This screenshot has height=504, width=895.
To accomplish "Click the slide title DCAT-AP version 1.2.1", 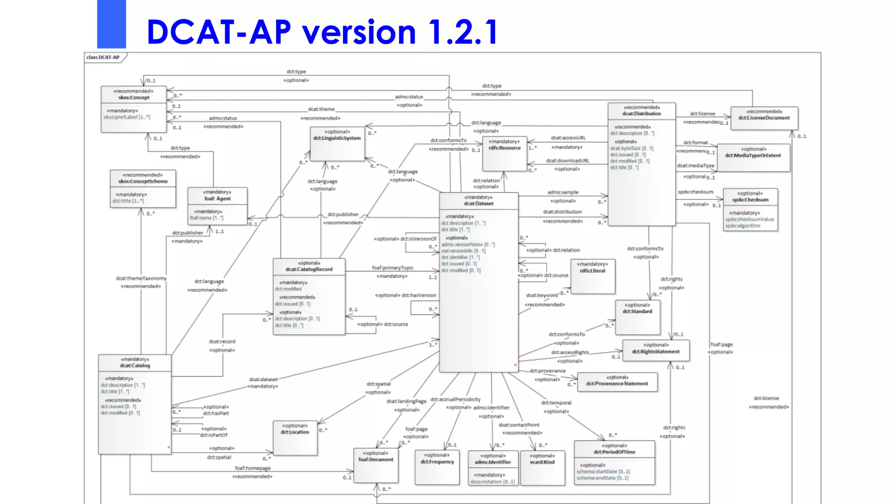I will point(322,32).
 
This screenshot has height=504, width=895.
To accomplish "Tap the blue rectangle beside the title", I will point(111,24).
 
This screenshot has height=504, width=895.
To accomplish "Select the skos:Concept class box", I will point(134,109).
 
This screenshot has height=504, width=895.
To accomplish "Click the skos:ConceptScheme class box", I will point(143,189).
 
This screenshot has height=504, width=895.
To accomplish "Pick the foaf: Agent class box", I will point(217,206).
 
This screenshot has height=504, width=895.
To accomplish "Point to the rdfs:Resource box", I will point(504,154).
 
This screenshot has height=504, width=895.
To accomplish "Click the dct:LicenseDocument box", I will point(764,118).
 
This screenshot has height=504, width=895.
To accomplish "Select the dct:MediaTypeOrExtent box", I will point(753,157).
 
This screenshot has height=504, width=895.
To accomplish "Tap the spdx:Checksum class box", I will point(750,210).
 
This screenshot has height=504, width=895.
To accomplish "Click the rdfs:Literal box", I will point(592,276).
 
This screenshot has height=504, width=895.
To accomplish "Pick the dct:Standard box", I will point(637,317).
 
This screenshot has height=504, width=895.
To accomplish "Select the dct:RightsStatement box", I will point(656,350).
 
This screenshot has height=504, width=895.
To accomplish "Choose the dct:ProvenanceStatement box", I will point(617,382).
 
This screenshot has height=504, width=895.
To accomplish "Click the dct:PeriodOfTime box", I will point(614,463).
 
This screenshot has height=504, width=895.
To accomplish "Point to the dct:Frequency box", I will point(437,467).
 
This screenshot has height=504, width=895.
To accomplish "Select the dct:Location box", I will point(295,437).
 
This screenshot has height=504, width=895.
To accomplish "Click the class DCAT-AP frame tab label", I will point(103,57).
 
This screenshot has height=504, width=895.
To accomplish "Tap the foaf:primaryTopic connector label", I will point(392,268).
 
